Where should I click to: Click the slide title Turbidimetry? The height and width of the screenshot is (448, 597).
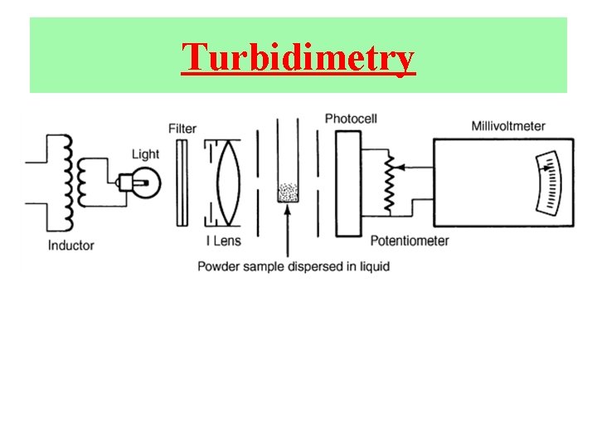pos(298,58)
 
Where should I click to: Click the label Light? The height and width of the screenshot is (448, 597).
pos(145,154)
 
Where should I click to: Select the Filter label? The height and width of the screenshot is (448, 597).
pos(182,129)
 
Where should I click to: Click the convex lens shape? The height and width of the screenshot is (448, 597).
pos(226,183)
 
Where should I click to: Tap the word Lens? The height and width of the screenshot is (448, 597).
pos(227,241)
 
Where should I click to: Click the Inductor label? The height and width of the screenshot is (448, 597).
pos(70,246)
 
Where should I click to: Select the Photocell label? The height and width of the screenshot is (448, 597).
pos(351,119)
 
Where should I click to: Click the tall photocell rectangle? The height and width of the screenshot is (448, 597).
pos(347,183)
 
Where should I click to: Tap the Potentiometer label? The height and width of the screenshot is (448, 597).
pos(409,241)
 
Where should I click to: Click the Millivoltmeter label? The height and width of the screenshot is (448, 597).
pos(508,126)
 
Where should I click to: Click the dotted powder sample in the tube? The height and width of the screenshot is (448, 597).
pos(287,192)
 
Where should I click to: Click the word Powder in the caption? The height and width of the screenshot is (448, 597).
pos(218,266)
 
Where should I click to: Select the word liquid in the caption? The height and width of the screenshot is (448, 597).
pos(372,266)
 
